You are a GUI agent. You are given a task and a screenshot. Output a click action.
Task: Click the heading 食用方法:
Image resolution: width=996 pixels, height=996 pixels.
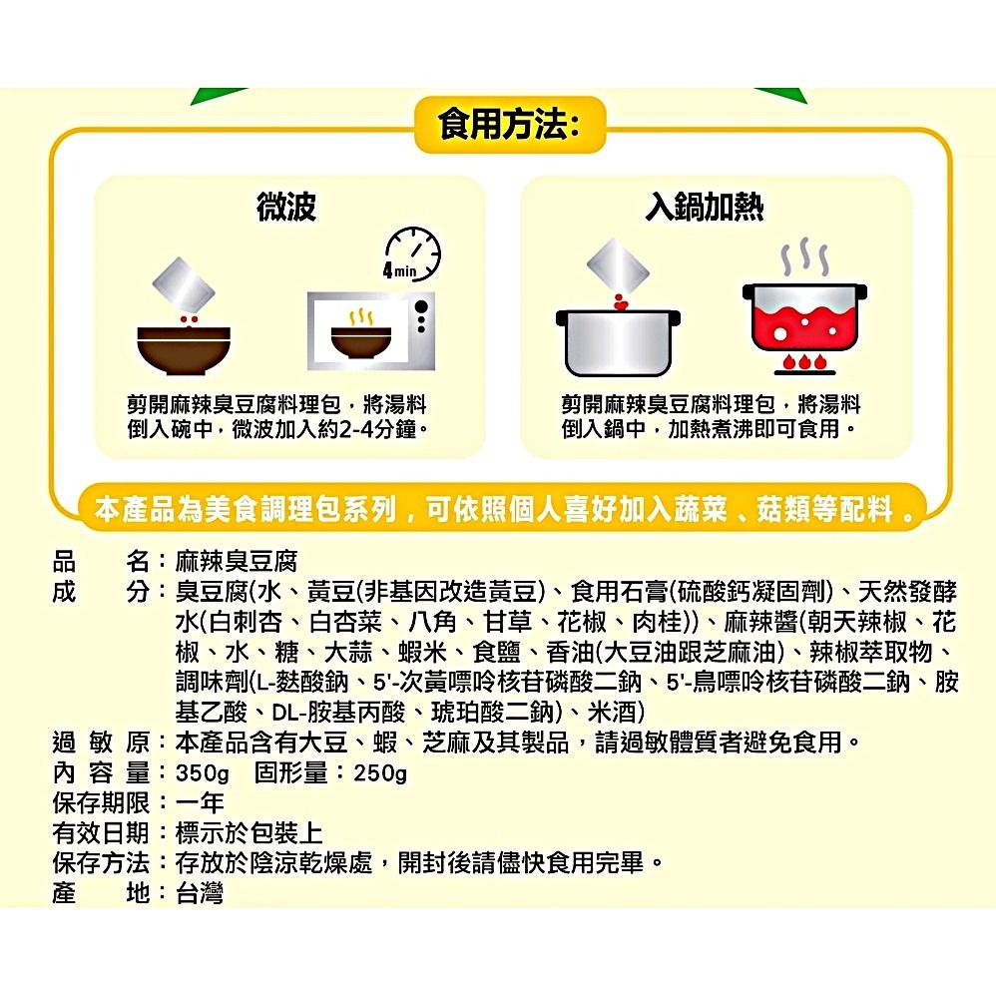(x=507, y=126)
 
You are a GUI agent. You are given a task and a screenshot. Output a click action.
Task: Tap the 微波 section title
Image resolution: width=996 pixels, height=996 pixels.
(x=285, y=208)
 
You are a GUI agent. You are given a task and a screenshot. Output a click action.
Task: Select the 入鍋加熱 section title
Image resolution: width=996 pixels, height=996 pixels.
(x=705, y=208)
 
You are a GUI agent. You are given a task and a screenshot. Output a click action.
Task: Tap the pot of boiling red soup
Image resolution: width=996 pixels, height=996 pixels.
(x=800, y=317)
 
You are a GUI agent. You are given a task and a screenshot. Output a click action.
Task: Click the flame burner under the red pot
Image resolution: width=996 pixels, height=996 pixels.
(x=800, y=360)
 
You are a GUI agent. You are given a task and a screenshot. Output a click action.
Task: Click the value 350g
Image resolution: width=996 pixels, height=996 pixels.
(x=203, y=773)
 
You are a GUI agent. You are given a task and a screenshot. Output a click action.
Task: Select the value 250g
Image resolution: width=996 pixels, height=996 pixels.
(x=380, y=773)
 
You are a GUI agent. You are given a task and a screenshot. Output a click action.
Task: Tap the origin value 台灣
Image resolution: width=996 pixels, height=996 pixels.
(x=200, y=892)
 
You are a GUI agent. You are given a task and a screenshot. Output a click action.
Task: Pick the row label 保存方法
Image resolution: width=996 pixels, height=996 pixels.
(x=100, y=862)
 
